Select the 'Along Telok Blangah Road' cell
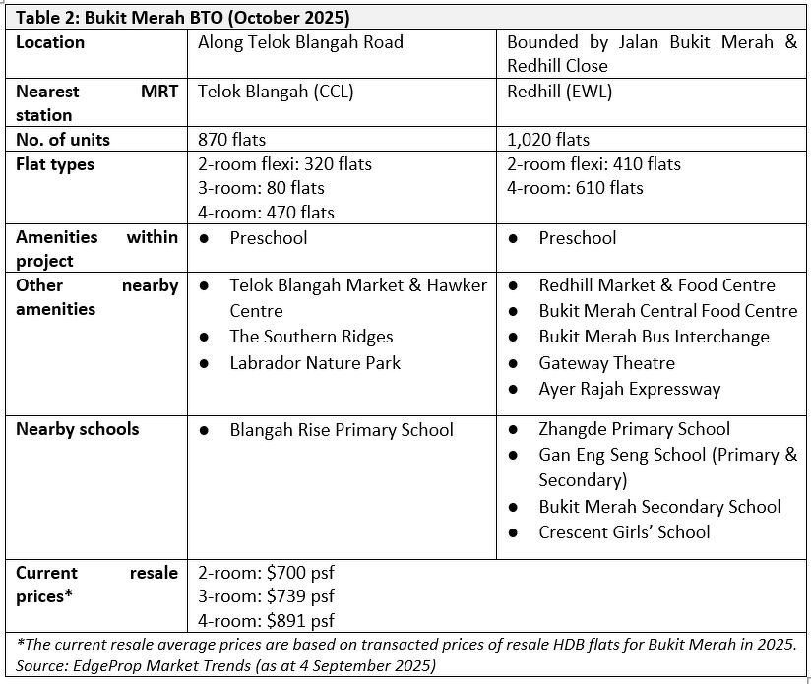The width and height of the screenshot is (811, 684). click(300, 42)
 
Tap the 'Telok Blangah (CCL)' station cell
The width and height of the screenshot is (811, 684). click(276, 92)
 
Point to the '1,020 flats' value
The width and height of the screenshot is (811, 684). click(548, 140)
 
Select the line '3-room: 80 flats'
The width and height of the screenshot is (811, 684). click(261, 188)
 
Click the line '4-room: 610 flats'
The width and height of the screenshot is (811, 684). click(575, 188)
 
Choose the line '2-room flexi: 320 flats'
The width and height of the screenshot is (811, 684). click(284, 164)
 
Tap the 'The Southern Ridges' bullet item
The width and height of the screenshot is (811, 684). click(311, 337)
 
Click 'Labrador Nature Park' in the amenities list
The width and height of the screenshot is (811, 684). click(315, 363)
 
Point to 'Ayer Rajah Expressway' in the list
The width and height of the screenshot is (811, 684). click(629, 389)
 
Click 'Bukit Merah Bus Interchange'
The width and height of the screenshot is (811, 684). click(654, 337)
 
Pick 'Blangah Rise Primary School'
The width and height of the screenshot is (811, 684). click(342, 430)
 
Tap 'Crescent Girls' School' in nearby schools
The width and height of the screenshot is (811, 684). click(624, 532)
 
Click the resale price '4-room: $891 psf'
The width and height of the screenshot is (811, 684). click(266, 620)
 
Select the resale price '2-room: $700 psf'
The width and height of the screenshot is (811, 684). click(266, 573)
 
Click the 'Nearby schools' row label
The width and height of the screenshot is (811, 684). click(78, 430)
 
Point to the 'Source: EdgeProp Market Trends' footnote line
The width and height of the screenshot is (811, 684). click(226, 666)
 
